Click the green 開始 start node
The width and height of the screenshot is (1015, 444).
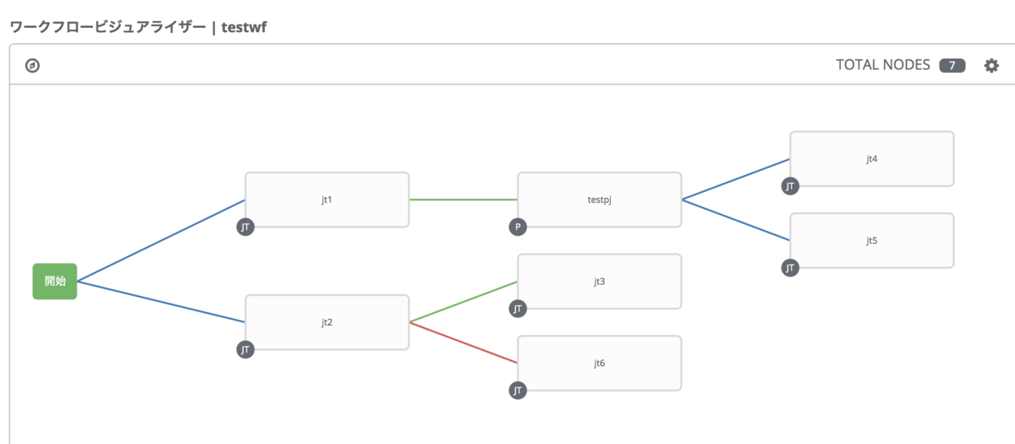pyautogui.click(x=55, y=281)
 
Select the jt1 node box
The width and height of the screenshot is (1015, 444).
pyautogui.click(x=326, y=200)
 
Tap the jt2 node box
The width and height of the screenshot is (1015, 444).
pyautogui.click(x=326, y=322)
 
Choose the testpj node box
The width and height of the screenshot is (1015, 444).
pyautogui.click(x=599, y=200)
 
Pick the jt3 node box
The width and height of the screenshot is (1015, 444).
pyautogui.click(x=599, y=281)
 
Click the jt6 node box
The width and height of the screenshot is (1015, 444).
pyautogui.click(x=599, y=363)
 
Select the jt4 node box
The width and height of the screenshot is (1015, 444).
pyautogui.click(x=871, y=158)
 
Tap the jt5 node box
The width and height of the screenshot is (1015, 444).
pyautogui.click(x=871, y=240)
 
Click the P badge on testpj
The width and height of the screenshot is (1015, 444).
pyautogui.click(x=518, y=227)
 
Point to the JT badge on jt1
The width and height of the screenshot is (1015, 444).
pyautogui.click(x=245, y=227)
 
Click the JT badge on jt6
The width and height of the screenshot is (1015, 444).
pyautogui.click(x=518, y=390)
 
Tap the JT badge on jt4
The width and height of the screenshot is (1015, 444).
pyautogui.click(x=790, y=186)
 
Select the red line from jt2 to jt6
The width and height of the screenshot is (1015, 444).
pyautogui.click(x=463, y=343)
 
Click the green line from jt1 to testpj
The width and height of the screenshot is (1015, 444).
pyautogui.click(x=463, y=200)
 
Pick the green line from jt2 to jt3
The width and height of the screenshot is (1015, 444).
pyautogui.click(x=463, y=302)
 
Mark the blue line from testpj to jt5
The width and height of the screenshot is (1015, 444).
pyautogui.click(x=736, y=220)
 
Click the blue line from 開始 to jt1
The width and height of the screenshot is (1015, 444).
pyautogui.click(x=161, y=240)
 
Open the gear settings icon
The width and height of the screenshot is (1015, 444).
pyautogui.click(x=991, y=65)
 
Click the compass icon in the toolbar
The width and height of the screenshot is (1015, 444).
pyautogui.click(x=33, y=65)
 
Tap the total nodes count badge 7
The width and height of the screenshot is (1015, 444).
pyautogui.click(x=952, y=65)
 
